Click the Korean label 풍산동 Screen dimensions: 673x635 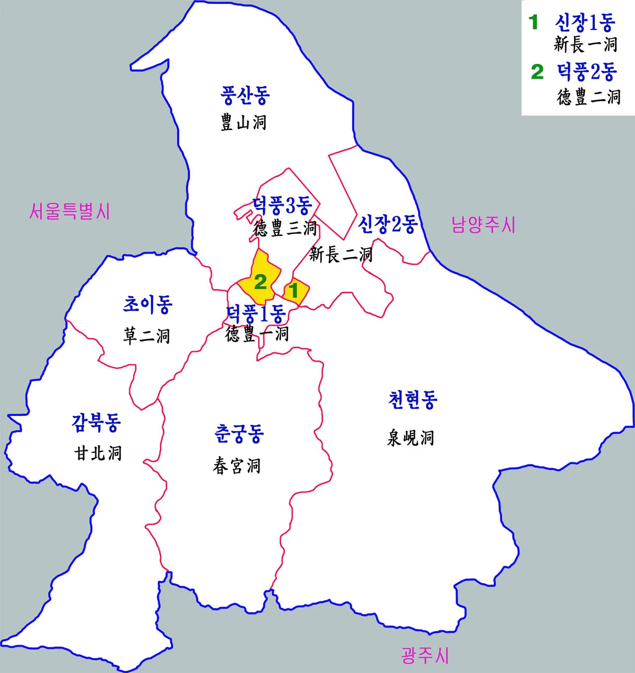click(x=245, y=95)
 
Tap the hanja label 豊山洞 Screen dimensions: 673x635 click(x=244, y=122)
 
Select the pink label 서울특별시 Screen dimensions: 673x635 click(x=69, y=212)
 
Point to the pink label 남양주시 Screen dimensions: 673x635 click(x=483, y=225)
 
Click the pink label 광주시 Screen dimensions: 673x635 click(x=425, y=655)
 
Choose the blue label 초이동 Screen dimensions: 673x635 click(x=147, y=304)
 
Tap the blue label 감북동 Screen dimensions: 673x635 click(x=96, y=422)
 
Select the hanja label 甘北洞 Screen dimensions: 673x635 click(x=98, y=453)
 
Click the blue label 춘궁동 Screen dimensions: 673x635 click(x=239, y=434)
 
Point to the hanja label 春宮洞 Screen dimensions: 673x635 click(x=237, y=466)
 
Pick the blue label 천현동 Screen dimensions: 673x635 click(x=413, y=400)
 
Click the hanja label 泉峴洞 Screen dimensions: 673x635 click(x=411, y=438)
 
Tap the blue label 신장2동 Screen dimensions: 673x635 click(x=387, y=224)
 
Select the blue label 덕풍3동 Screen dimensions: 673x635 click(x=282, y=204)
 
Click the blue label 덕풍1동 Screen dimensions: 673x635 click(x=255, y=314)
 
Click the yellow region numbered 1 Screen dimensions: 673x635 click(x=296, y=290)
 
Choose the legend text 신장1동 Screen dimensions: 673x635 click(x=585, y=22)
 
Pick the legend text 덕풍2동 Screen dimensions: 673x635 click(x=587, y=72)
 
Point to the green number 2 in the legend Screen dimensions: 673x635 click(x=537, y=72)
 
